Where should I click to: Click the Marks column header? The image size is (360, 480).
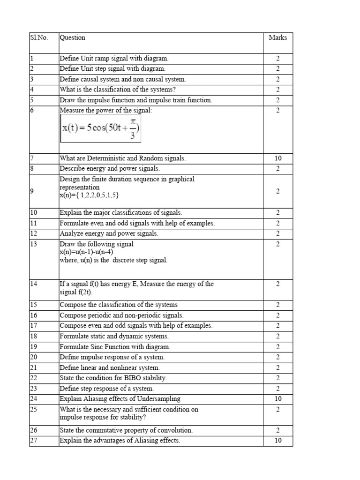(x=277, y=37)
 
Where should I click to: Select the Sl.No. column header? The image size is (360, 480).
(x=38, y=37)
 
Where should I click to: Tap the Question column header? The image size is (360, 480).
(x=72, y=37)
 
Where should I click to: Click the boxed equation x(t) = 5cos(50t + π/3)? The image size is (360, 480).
(x=101, y=128)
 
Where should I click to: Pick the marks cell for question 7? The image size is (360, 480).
(x=277, y=158)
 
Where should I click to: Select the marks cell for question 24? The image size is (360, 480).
(x=277, y=399)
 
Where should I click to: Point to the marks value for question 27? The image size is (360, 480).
(x=277, y=441)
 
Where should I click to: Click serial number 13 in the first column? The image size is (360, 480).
(x=33, y=244)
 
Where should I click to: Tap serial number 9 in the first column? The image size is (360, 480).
(x=32, y=191)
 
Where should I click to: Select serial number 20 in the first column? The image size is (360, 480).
(x=33, y=357)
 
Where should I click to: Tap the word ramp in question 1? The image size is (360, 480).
(x=101, y=59)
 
